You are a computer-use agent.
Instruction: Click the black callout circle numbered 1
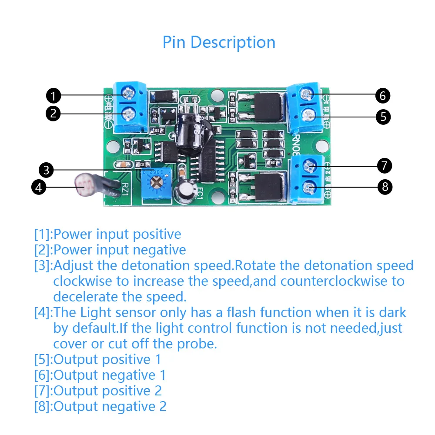tap(53, 95)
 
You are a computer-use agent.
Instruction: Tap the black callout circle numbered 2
tap(53, 114)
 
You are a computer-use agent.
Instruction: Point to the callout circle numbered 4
tap(39, 187)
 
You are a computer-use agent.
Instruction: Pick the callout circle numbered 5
tap(383, 117)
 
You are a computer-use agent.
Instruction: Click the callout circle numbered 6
tap(383, 95)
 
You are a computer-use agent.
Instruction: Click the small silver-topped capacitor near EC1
tap(184, 192)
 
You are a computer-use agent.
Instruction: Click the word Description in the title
tap(233, 42)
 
